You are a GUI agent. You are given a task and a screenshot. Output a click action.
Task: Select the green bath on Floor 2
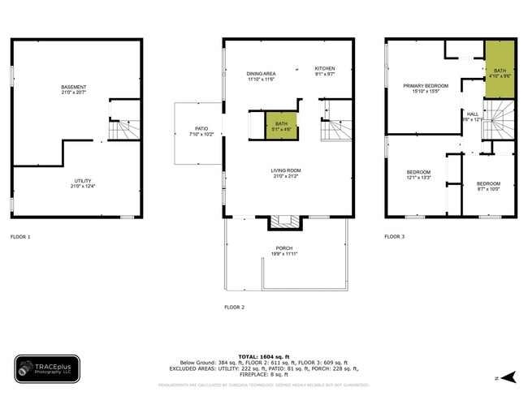pos(281,126)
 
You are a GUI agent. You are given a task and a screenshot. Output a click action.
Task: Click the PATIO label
pos(201,131)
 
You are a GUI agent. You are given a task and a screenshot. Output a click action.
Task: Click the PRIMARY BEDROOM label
pos(426,88)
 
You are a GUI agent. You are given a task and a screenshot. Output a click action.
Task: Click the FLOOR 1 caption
pos(20,237)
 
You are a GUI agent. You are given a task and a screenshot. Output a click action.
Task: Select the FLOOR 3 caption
pos(395,237)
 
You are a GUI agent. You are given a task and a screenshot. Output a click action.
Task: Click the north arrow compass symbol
pos(508,377)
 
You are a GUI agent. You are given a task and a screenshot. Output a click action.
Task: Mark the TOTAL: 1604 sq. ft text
pos(260,356)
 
